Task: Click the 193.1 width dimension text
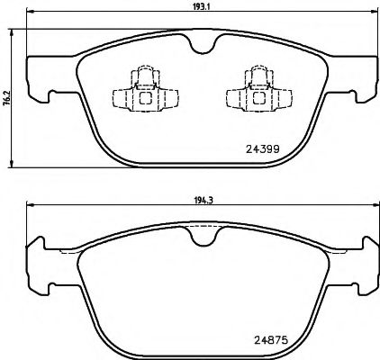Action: point(198,6)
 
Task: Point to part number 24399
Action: point(263,150)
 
